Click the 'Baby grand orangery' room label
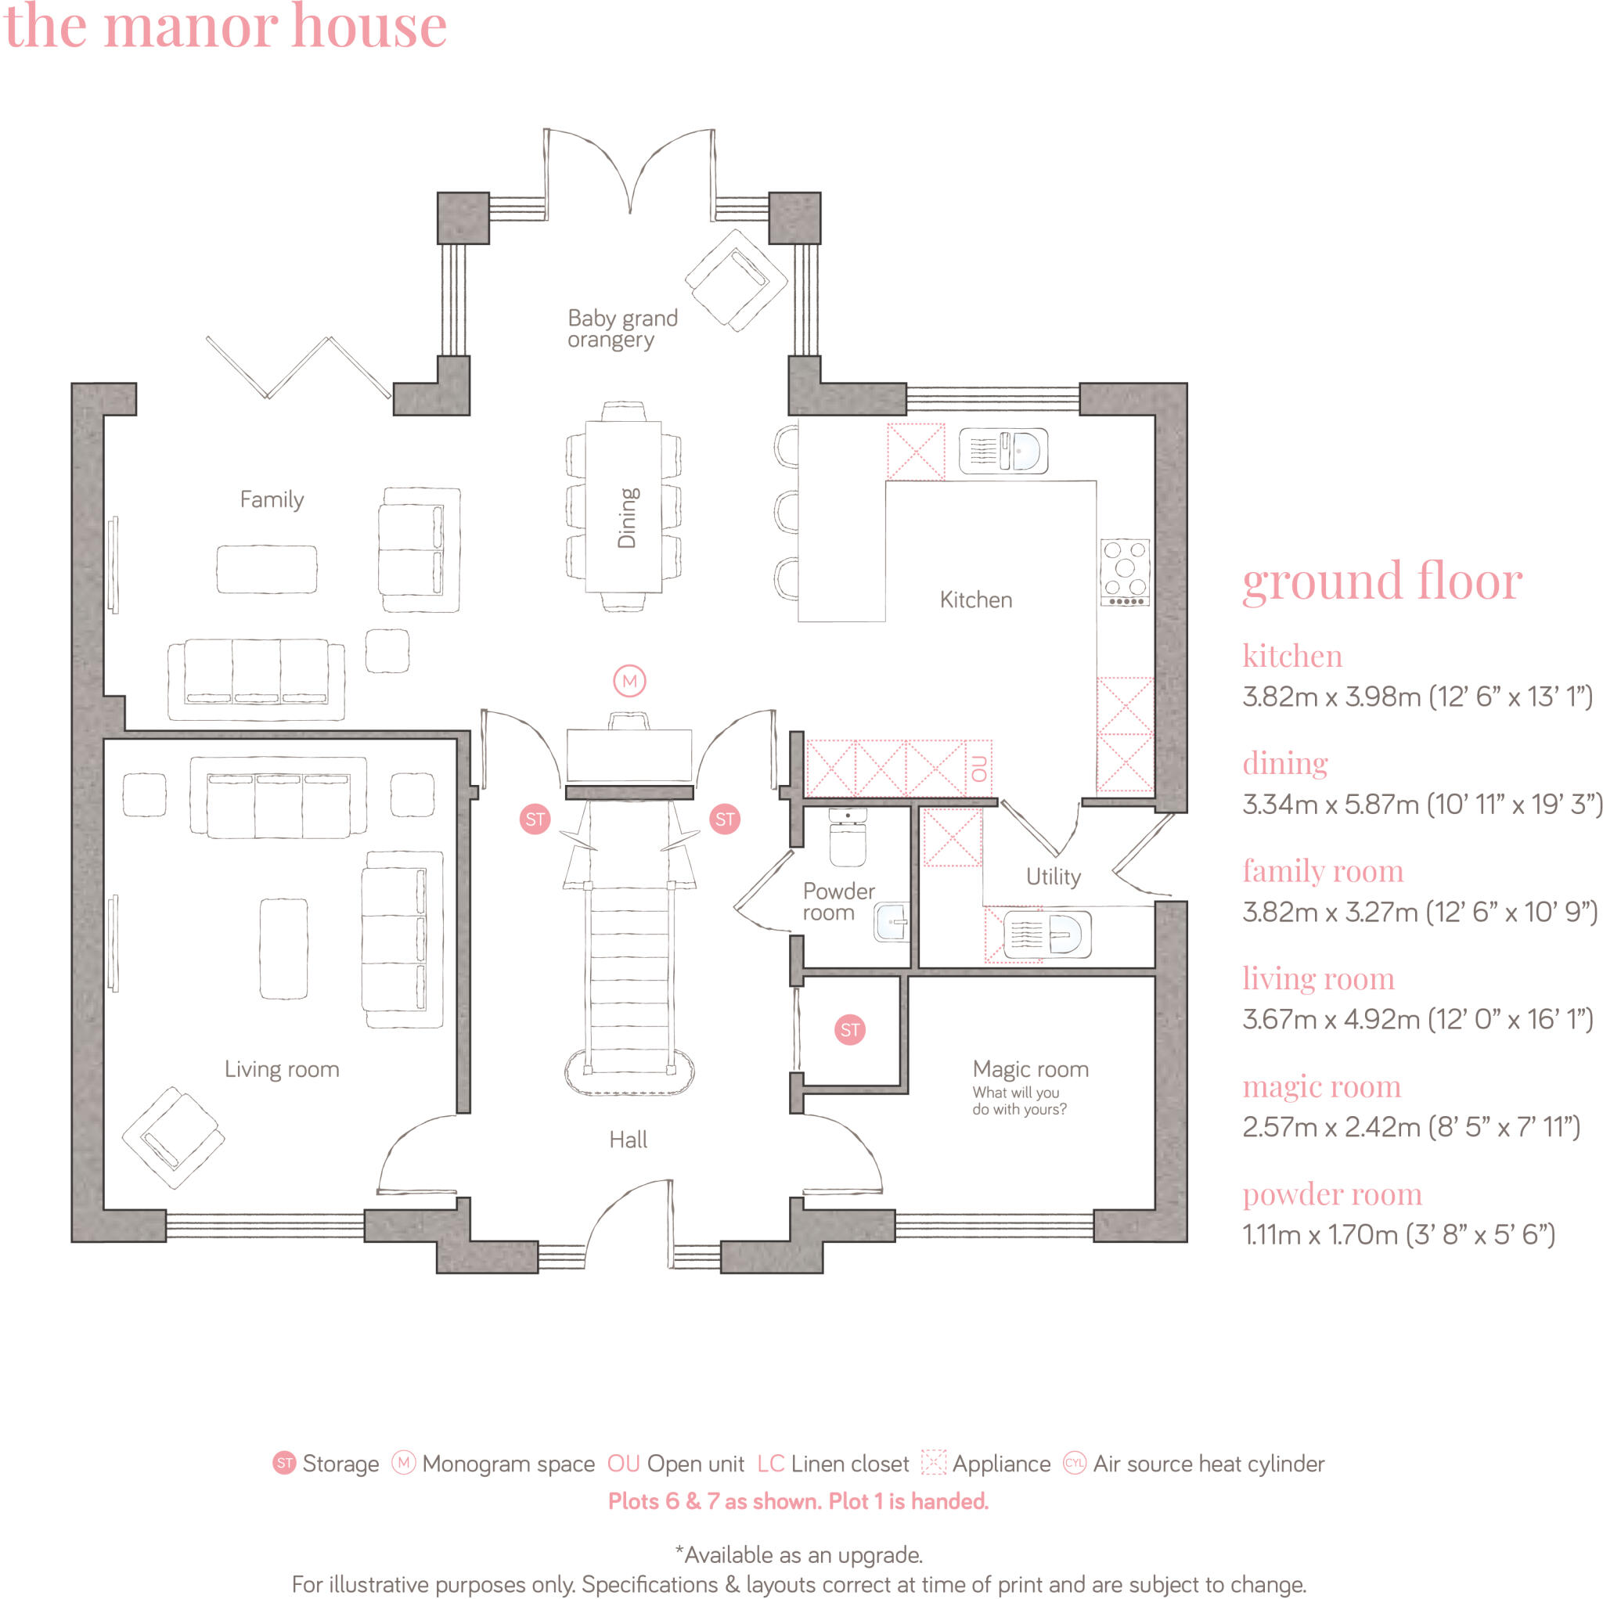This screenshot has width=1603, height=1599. (x=621, y=329)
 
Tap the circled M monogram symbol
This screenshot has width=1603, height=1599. (x=629, y=680)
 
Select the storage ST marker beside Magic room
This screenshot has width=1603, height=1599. (x=848, y=1030)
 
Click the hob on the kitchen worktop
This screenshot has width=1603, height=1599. (x=1124, y=571)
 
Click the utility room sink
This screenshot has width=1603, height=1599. (x=1046, y=935)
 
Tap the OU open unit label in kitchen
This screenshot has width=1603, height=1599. (x=979, y=769)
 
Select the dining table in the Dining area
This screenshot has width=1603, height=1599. (x=623, y=506)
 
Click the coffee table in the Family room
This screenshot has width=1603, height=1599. (x=266, y=569)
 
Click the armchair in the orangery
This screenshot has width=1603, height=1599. (x=735, y=280)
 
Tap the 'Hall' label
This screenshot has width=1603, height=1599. (x=628, y=1140)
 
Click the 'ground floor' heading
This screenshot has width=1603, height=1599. (x=1381, y=581)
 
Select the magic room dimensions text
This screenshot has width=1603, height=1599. (x=1410, y=1127)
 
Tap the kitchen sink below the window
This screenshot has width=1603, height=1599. (x=1003, y=451)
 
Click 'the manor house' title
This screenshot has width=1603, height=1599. (x=225, y=27)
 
